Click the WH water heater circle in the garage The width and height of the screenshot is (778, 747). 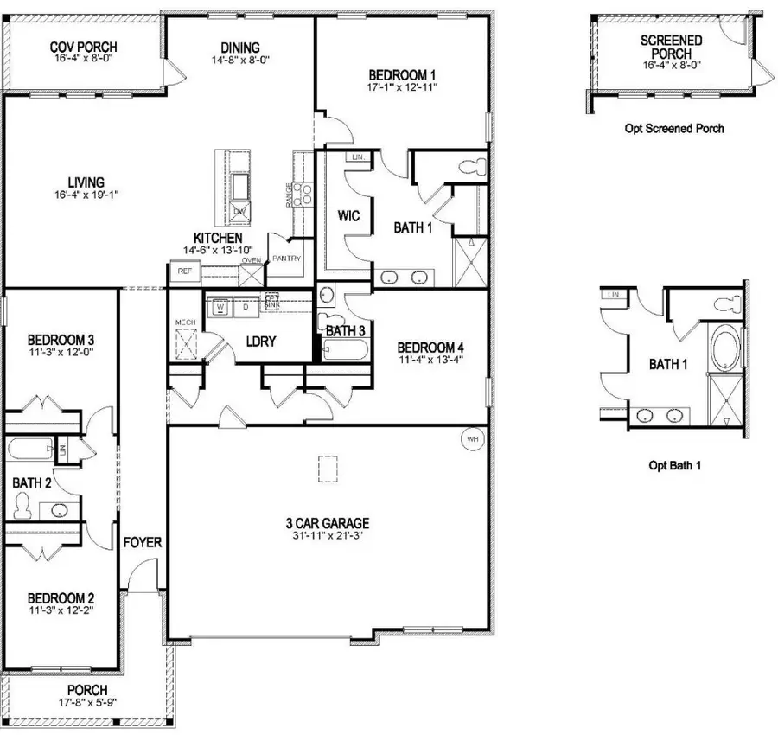pos(472,438)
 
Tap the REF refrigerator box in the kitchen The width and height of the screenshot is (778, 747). pos(184,271)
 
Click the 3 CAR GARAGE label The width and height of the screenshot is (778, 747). pos(328,523)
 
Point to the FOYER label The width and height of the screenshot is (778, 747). pos(143,542)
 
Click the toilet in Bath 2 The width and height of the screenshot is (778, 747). pos(23,504)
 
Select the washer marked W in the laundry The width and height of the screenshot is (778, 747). pos(220,306)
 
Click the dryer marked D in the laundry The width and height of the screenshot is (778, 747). pos(245,306)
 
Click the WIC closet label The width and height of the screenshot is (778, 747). pos(348,214)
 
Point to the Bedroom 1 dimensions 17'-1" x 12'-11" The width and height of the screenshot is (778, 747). pos(403,87)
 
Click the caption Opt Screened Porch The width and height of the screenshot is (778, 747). pos(673,129)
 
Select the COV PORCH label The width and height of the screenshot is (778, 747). pos(83,46)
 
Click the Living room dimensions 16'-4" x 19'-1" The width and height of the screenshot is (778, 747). pos(86,195)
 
